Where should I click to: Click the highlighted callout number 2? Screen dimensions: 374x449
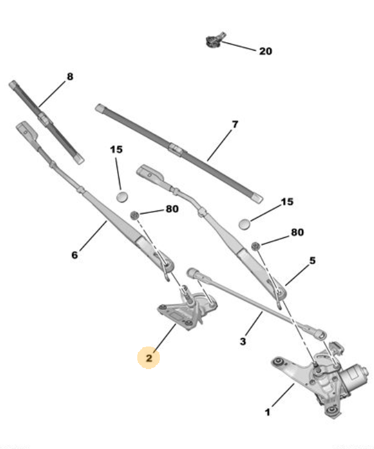point(149,358)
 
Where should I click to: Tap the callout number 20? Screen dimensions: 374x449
point(265,51)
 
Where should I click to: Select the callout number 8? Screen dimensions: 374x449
point(70,76)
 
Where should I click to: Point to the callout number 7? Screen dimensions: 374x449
point(235,124)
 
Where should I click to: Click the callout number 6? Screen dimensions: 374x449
point(74,255)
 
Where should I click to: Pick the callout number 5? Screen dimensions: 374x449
point(312,260)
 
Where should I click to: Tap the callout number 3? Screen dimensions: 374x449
point(243,342)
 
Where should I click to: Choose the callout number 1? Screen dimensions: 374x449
point(267,412)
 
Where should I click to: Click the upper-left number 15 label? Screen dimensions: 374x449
point(117,149)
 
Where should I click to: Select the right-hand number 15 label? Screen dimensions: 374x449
point(287,202)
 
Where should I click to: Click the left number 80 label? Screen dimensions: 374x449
point(172,209)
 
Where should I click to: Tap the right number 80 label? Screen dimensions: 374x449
point(297,232)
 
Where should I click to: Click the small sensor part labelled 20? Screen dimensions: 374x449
point(215,40)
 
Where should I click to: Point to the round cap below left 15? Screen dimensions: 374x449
point(122,196)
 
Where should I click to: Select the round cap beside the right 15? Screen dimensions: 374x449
point(244,224)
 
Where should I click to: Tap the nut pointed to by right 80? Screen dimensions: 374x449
point(256,246)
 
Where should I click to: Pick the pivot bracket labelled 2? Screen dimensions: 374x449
point(187,311)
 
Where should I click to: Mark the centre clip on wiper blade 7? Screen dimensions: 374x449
point(176,149)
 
